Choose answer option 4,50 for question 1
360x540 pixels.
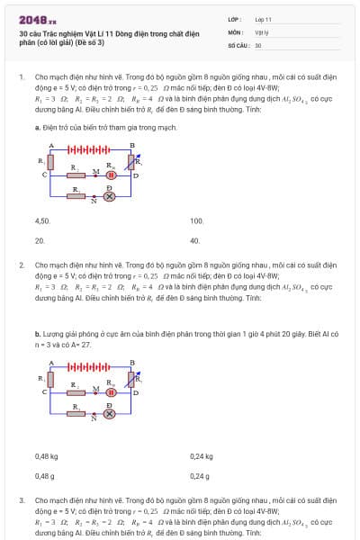[x=42, y=220]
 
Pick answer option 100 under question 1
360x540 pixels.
[x=197, y=220]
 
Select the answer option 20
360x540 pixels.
[x=40, y=241]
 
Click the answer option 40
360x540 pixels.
[x=194, y=241]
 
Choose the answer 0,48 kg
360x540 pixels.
[x=46, y=456]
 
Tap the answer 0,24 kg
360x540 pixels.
[x=202, y=456]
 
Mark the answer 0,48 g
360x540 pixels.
[x=44, y=477]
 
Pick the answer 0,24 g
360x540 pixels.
[x=200, y=477]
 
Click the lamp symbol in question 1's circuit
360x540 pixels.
[x=110, y=195]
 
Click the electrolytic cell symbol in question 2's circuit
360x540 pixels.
[x=112, y=392]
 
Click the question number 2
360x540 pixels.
[x=21, y=265]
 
